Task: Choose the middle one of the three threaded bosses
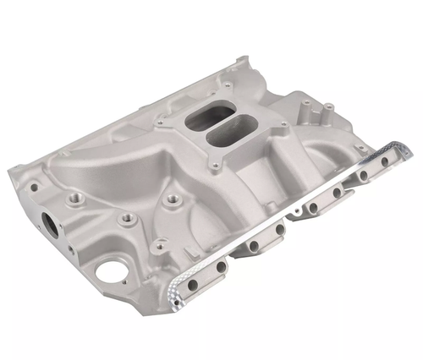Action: (x=127, y=217)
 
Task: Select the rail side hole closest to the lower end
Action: (x=222, y=266)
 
